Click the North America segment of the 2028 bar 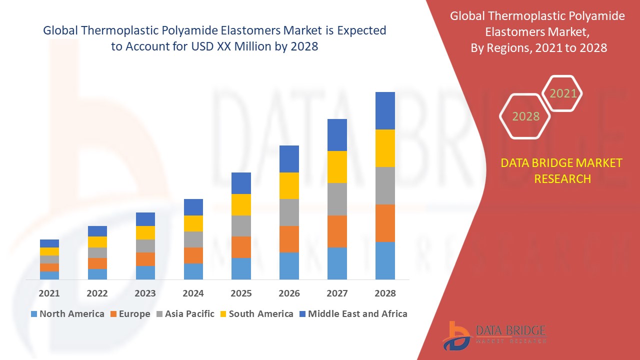(385, 260)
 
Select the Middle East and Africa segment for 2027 (337, 135)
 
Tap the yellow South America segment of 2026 (289, 185)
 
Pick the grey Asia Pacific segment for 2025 (241, 226)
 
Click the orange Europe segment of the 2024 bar (193, 255)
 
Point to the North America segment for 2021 (49, 275)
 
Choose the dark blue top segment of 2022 (97, 231)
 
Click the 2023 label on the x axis (145, 293)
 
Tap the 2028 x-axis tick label (385, 293)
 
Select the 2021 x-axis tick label (49, 293)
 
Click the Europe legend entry (134, 314)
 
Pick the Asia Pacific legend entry (189, 314)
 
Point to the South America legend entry (260, 314)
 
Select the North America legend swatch (34, 314)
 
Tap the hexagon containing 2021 (563, 93)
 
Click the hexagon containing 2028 (525, 116)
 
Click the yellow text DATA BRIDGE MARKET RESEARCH (562, 170)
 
